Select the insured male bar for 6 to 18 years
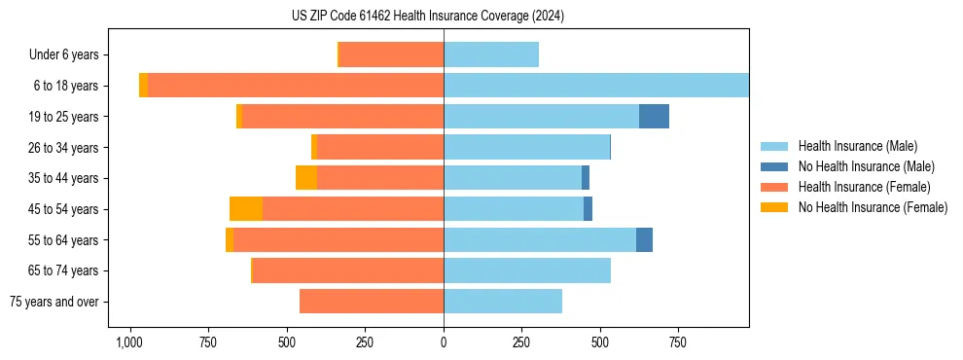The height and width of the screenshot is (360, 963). pos(596,86)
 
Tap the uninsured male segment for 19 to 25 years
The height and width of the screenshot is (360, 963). pos(654,117)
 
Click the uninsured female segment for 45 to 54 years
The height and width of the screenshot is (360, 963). pos(246,209)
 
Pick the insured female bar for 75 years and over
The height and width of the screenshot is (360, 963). pos(372,302)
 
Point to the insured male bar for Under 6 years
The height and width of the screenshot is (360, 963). pos(491,55)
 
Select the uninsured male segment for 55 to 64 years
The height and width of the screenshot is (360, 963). pos(644,240)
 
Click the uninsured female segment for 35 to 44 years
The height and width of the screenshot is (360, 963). pos(306,178)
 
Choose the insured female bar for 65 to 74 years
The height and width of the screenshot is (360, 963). pos(348,270)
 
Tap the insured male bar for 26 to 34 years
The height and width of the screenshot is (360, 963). pos(526,148)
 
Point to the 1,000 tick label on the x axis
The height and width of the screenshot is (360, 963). pos(129,343)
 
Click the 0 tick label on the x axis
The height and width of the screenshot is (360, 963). pos(444,343)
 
